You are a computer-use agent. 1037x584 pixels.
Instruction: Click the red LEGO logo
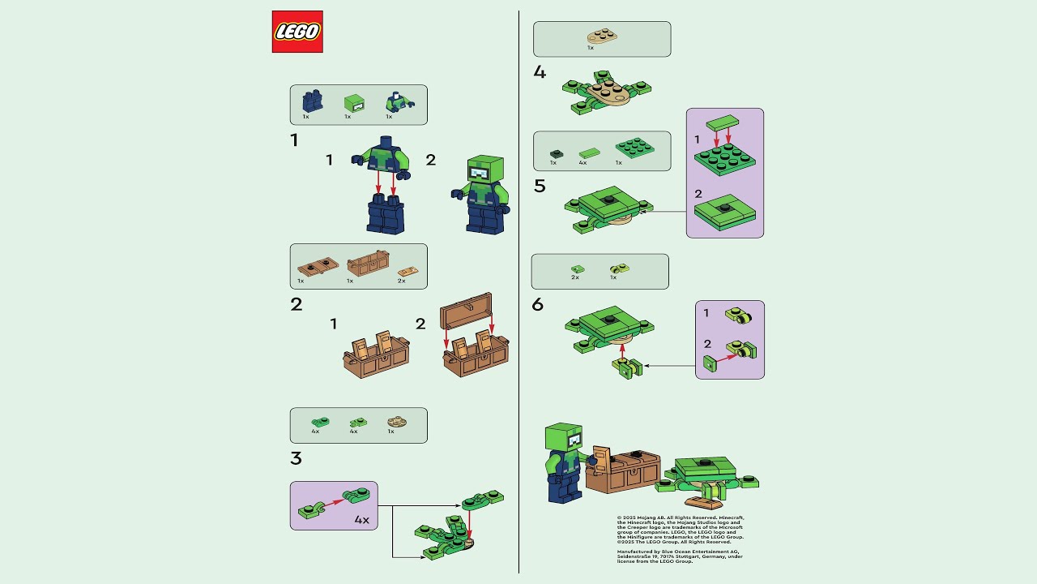tap(297, 32)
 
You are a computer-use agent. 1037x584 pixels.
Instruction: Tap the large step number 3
tap(296, 458)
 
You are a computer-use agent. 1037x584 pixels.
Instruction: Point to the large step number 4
tap(540, 72)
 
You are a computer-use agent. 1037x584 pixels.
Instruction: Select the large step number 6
tap(538, 305)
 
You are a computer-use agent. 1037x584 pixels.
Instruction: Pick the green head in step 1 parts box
tap(354, 103)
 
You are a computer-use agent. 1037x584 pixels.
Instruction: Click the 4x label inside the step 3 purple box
tap(361, 520)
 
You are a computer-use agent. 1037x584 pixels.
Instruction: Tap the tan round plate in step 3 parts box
tap(396, 422)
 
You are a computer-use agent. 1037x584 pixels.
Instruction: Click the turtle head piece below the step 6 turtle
tap(627, 369)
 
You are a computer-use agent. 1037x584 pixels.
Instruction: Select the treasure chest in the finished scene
tap(632, 472)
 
